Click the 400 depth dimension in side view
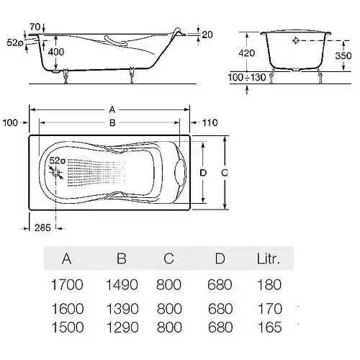pyautogui.click(x=56, y=52)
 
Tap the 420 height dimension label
pyautogui.click(x=247, y=53)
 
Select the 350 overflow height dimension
pyautogui.click(x=343, y=55)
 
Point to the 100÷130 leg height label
pyautogui.click(x=247, y=77)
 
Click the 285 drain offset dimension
pyautogui.click(x=42, y=228)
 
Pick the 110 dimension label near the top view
pyautogui.click(x=210, y=122)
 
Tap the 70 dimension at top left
pyautogui.click(x=35, y=27)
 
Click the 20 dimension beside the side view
pyautogui.click(x=207, y=35)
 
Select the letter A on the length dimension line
pyautogui.click(x=112, y=110)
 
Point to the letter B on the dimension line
pyautogui.click(x=112, y=123)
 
